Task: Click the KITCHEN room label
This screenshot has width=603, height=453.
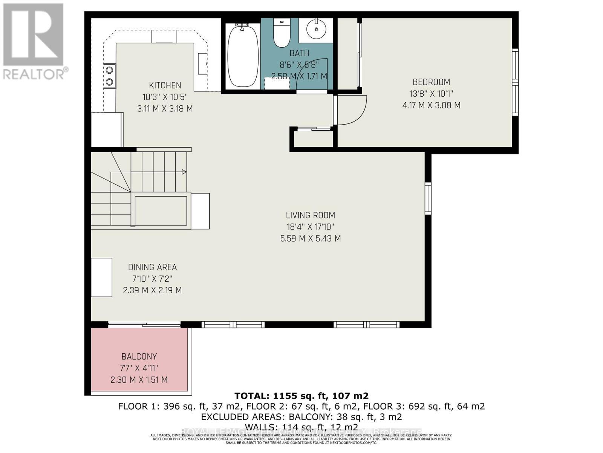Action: pos(165,85)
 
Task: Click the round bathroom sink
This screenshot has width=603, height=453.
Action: pos(316,29)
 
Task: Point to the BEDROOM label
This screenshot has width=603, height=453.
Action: pos(431,82)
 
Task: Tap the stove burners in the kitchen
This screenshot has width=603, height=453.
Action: pos(110,75)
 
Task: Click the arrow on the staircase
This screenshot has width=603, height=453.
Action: pos(184,172)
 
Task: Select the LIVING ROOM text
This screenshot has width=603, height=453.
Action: pos(310,215)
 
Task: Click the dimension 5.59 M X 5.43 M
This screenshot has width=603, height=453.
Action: pos(310,239)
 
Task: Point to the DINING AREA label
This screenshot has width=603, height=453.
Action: pos(152,267)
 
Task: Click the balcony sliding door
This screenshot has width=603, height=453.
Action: pos(144,324)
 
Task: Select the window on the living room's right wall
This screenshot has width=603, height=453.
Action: pos(428,199)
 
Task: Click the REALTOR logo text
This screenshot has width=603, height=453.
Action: pos(36,74)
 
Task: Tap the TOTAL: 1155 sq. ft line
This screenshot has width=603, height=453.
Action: pos(301,396)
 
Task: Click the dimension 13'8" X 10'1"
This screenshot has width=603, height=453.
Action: pos(431,94)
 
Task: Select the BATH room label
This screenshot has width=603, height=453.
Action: pos(299,53)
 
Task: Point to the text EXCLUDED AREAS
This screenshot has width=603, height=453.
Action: pos(243,417)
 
